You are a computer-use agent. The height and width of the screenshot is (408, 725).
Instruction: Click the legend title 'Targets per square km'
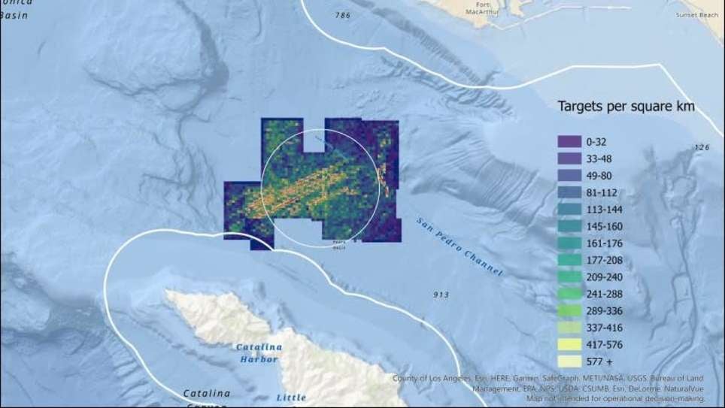pos(626,107)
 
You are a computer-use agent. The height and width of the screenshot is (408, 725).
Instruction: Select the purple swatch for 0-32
pos(566,141)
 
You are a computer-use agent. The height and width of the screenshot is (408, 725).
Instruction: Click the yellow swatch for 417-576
pos(566,345)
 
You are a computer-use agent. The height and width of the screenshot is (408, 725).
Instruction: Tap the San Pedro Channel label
pos(459,245)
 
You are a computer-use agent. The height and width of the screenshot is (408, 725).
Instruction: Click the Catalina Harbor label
pos(259,353)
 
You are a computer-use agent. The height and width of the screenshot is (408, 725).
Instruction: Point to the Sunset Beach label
pos(698,14)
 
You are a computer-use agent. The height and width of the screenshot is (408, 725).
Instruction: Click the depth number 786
pos(343,15)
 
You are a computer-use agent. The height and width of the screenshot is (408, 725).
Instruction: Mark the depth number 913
pos(441,295)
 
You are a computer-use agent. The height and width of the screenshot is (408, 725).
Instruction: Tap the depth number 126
pos(702,147)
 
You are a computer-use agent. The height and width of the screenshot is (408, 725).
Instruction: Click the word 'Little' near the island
pos(291,397)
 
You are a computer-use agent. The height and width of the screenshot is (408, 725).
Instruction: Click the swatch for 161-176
pos(566,243)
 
